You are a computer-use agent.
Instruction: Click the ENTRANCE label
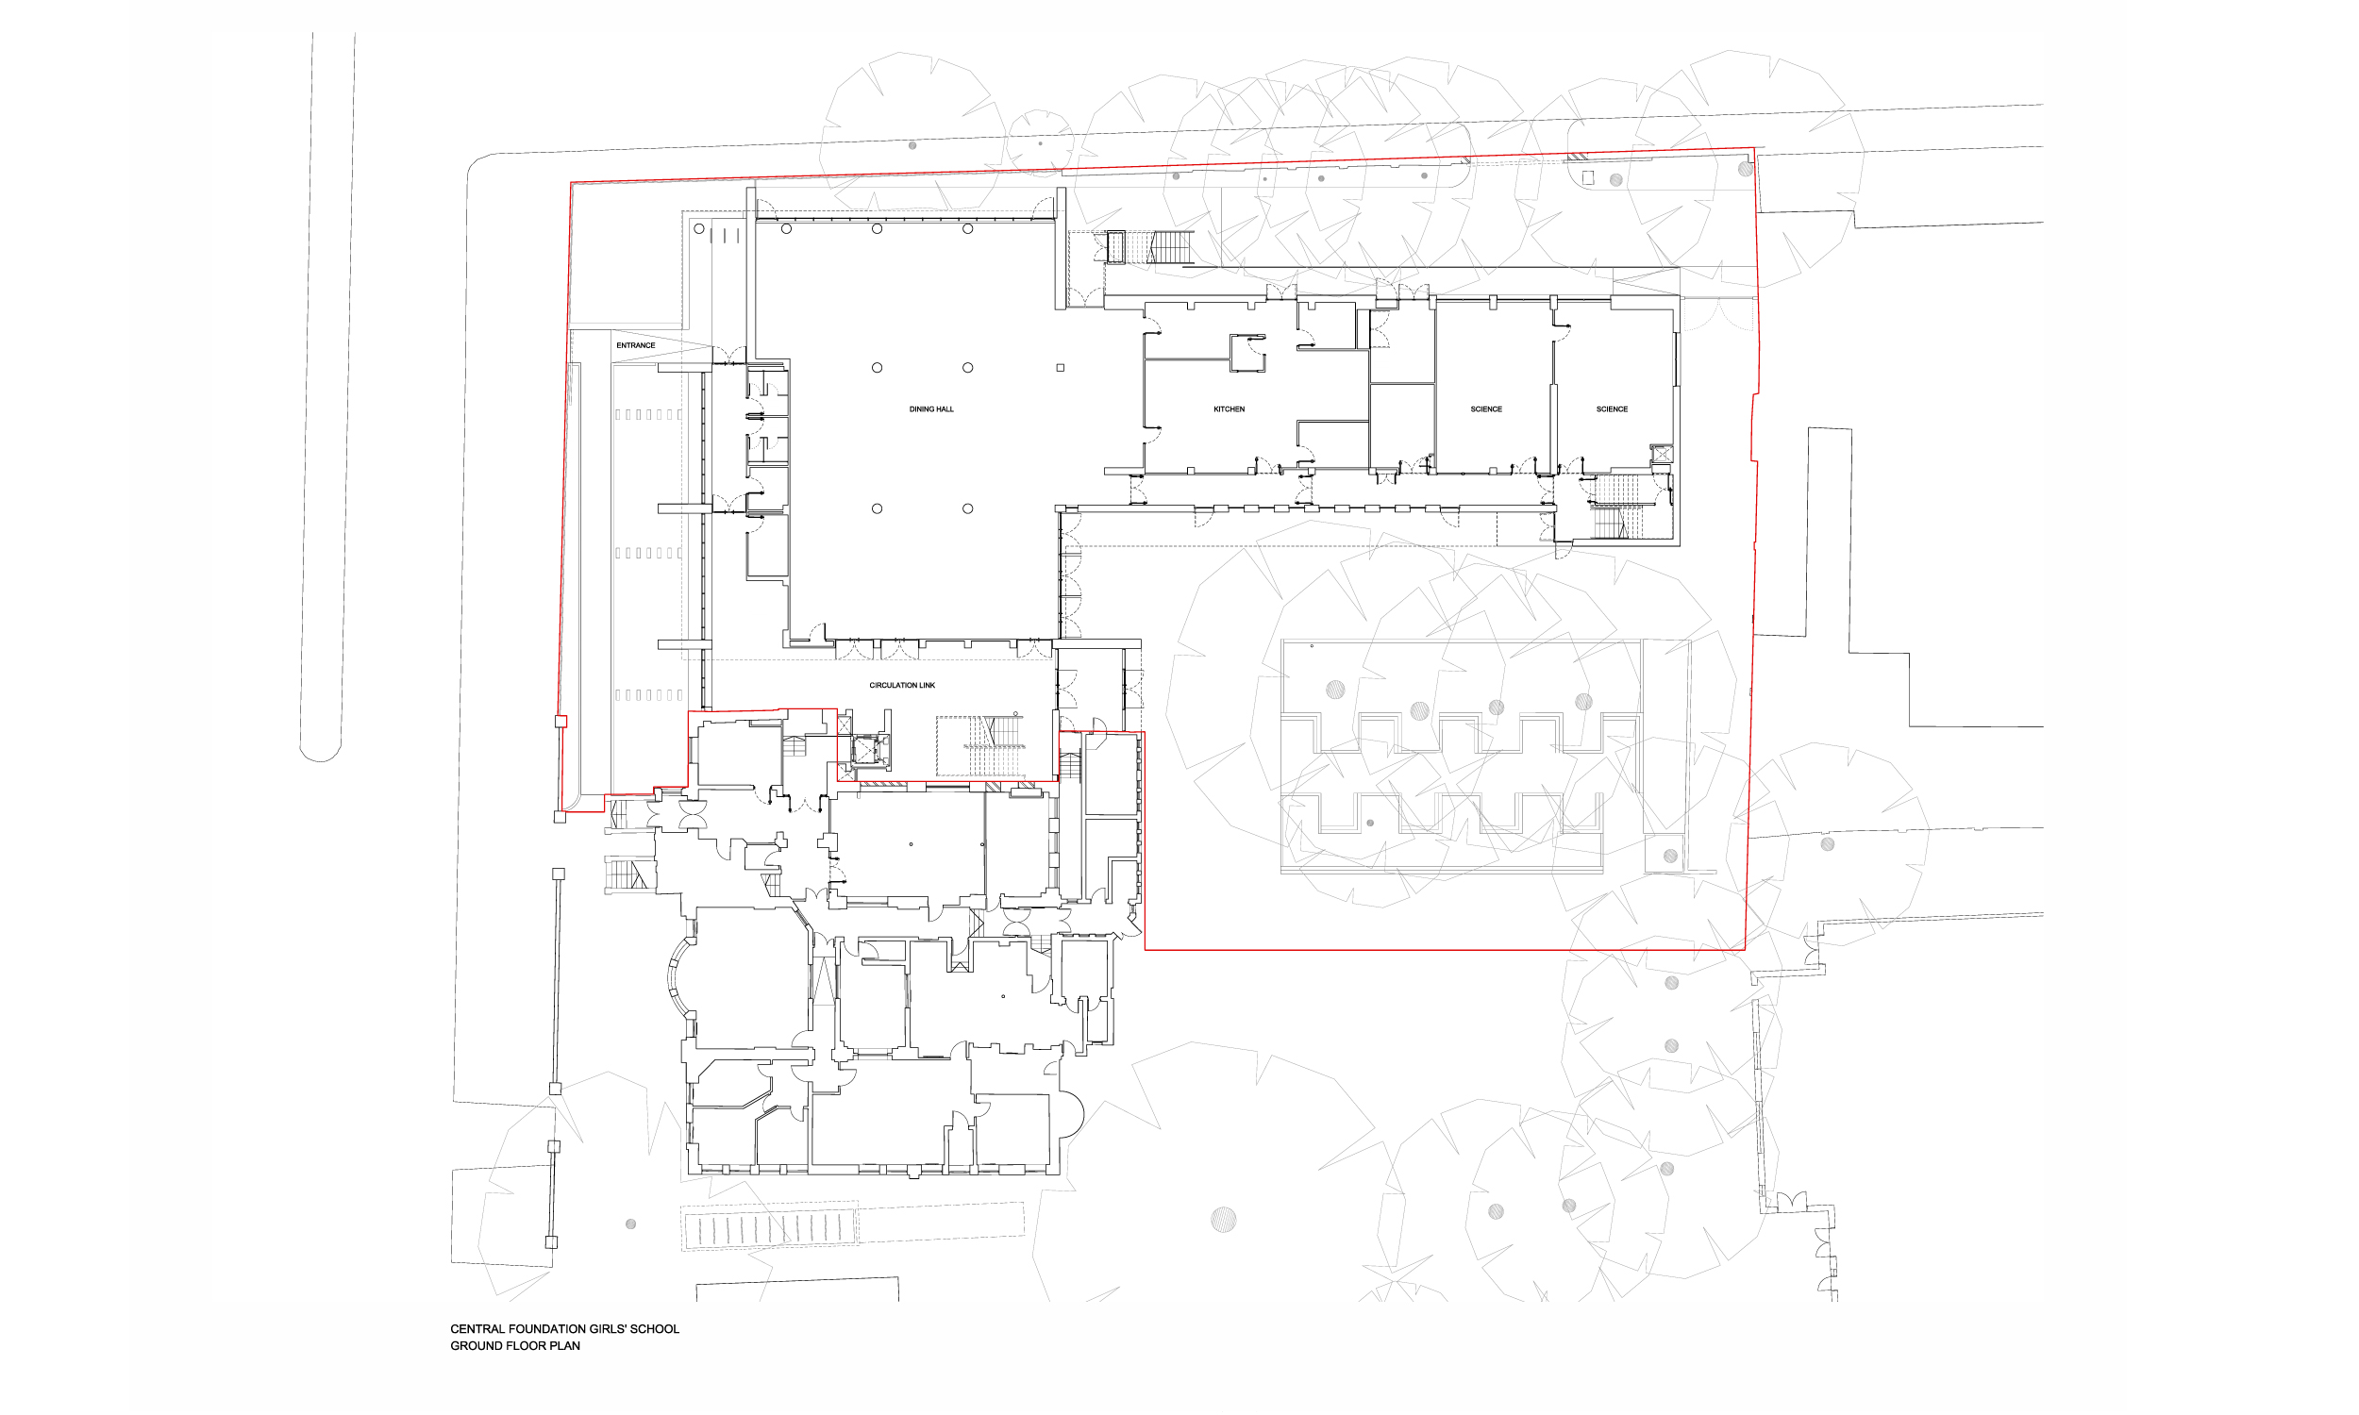click(635, 345)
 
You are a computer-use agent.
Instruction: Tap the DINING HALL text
click(930, 409)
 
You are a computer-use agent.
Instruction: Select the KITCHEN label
click(1230, 409)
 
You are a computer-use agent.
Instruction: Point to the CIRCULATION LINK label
click(902, 686)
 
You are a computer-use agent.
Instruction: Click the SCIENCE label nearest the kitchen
click(1485, 409)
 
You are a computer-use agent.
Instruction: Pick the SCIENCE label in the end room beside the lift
click(1612, 409)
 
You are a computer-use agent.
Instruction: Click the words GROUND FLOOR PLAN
click(515, 1346)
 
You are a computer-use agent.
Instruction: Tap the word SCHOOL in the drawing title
click(653, 1329)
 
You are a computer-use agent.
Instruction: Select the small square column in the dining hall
click(1060, 368)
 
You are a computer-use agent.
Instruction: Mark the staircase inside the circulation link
click(982, 745)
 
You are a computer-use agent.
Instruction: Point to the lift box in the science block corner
click(1661, 454)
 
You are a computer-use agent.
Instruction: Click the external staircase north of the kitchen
click(1150, 247)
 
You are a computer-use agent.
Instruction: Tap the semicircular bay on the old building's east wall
click(1072, 1113)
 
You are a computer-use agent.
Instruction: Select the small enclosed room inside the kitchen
click(1247, 353)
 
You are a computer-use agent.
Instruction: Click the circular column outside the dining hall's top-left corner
click(699, 229)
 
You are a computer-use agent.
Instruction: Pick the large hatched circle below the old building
click(1223, 1219)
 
